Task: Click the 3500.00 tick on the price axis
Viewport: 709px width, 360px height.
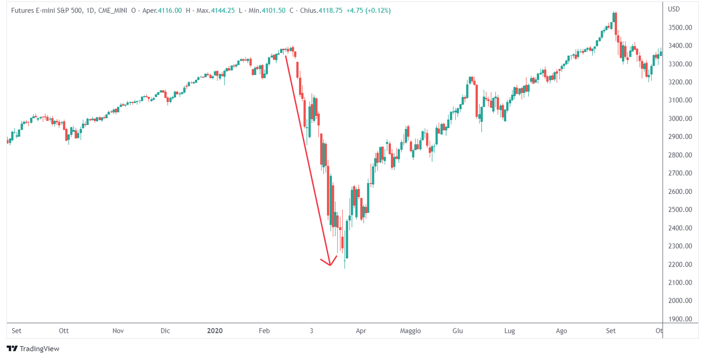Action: (680, 28)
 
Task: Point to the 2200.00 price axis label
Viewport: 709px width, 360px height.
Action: (680, 264)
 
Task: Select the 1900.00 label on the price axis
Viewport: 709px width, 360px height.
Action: (680, 319)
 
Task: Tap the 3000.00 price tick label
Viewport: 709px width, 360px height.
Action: (680, 118)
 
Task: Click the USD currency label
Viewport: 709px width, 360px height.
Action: (674, 9)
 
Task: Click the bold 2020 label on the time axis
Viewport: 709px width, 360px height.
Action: (215, 331)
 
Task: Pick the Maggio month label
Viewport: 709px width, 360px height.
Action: (411, 331)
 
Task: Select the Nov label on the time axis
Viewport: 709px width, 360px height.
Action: (118, 331)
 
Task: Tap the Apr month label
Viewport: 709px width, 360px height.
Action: (361, 331)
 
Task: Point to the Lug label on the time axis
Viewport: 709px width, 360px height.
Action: (510, 331)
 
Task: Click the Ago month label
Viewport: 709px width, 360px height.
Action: (561, 331)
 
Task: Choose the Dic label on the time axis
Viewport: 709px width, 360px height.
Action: (166, 331)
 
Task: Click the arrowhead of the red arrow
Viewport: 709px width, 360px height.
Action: (330, 264)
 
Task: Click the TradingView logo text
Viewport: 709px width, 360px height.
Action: (39, 349)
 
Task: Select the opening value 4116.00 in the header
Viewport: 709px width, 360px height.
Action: (170, 10)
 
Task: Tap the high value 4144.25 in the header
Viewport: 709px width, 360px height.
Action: (223, 10)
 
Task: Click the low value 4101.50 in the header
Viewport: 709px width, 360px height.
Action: (273, 10)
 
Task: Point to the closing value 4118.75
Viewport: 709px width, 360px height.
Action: (330, 10)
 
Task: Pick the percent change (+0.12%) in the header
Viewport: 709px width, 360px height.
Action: (378, 10)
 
